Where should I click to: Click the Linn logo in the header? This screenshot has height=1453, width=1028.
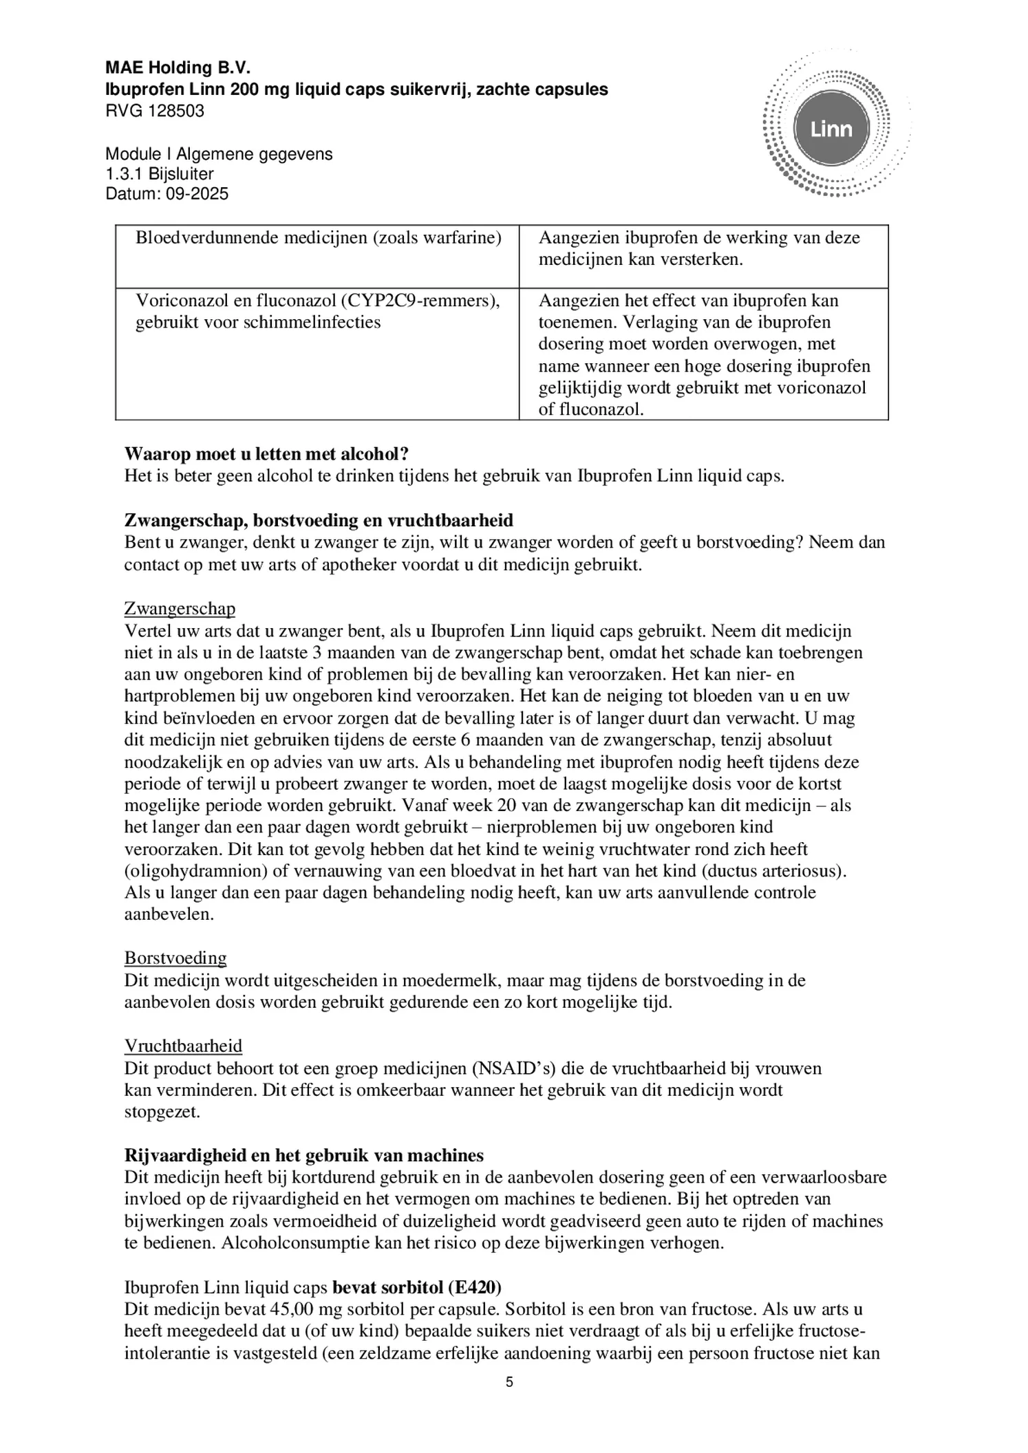tap(831, 129)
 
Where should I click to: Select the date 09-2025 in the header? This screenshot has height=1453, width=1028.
tap(197, 194)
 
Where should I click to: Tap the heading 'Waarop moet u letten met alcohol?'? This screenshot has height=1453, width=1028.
tap(266, 454)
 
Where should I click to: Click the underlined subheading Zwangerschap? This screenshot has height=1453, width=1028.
tap(180, 609)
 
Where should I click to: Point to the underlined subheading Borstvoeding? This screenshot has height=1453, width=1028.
tap(175, 958)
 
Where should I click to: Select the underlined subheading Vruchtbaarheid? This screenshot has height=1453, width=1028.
tap(183, 1046)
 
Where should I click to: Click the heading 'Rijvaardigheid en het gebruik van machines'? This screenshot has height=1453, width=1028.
tap(303, 1155)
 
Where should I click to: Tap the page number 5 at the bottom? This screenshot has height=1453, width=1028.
tap(509, 1383)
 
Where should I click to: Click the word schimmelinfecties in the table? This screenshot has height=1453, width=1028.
tap(323, 323)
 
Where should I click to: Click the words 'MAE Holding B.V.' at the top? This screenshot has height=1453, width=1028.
tap(178, 67)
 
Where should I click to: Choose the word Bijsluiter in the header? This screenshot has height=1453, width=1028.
tap(181, 174)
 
